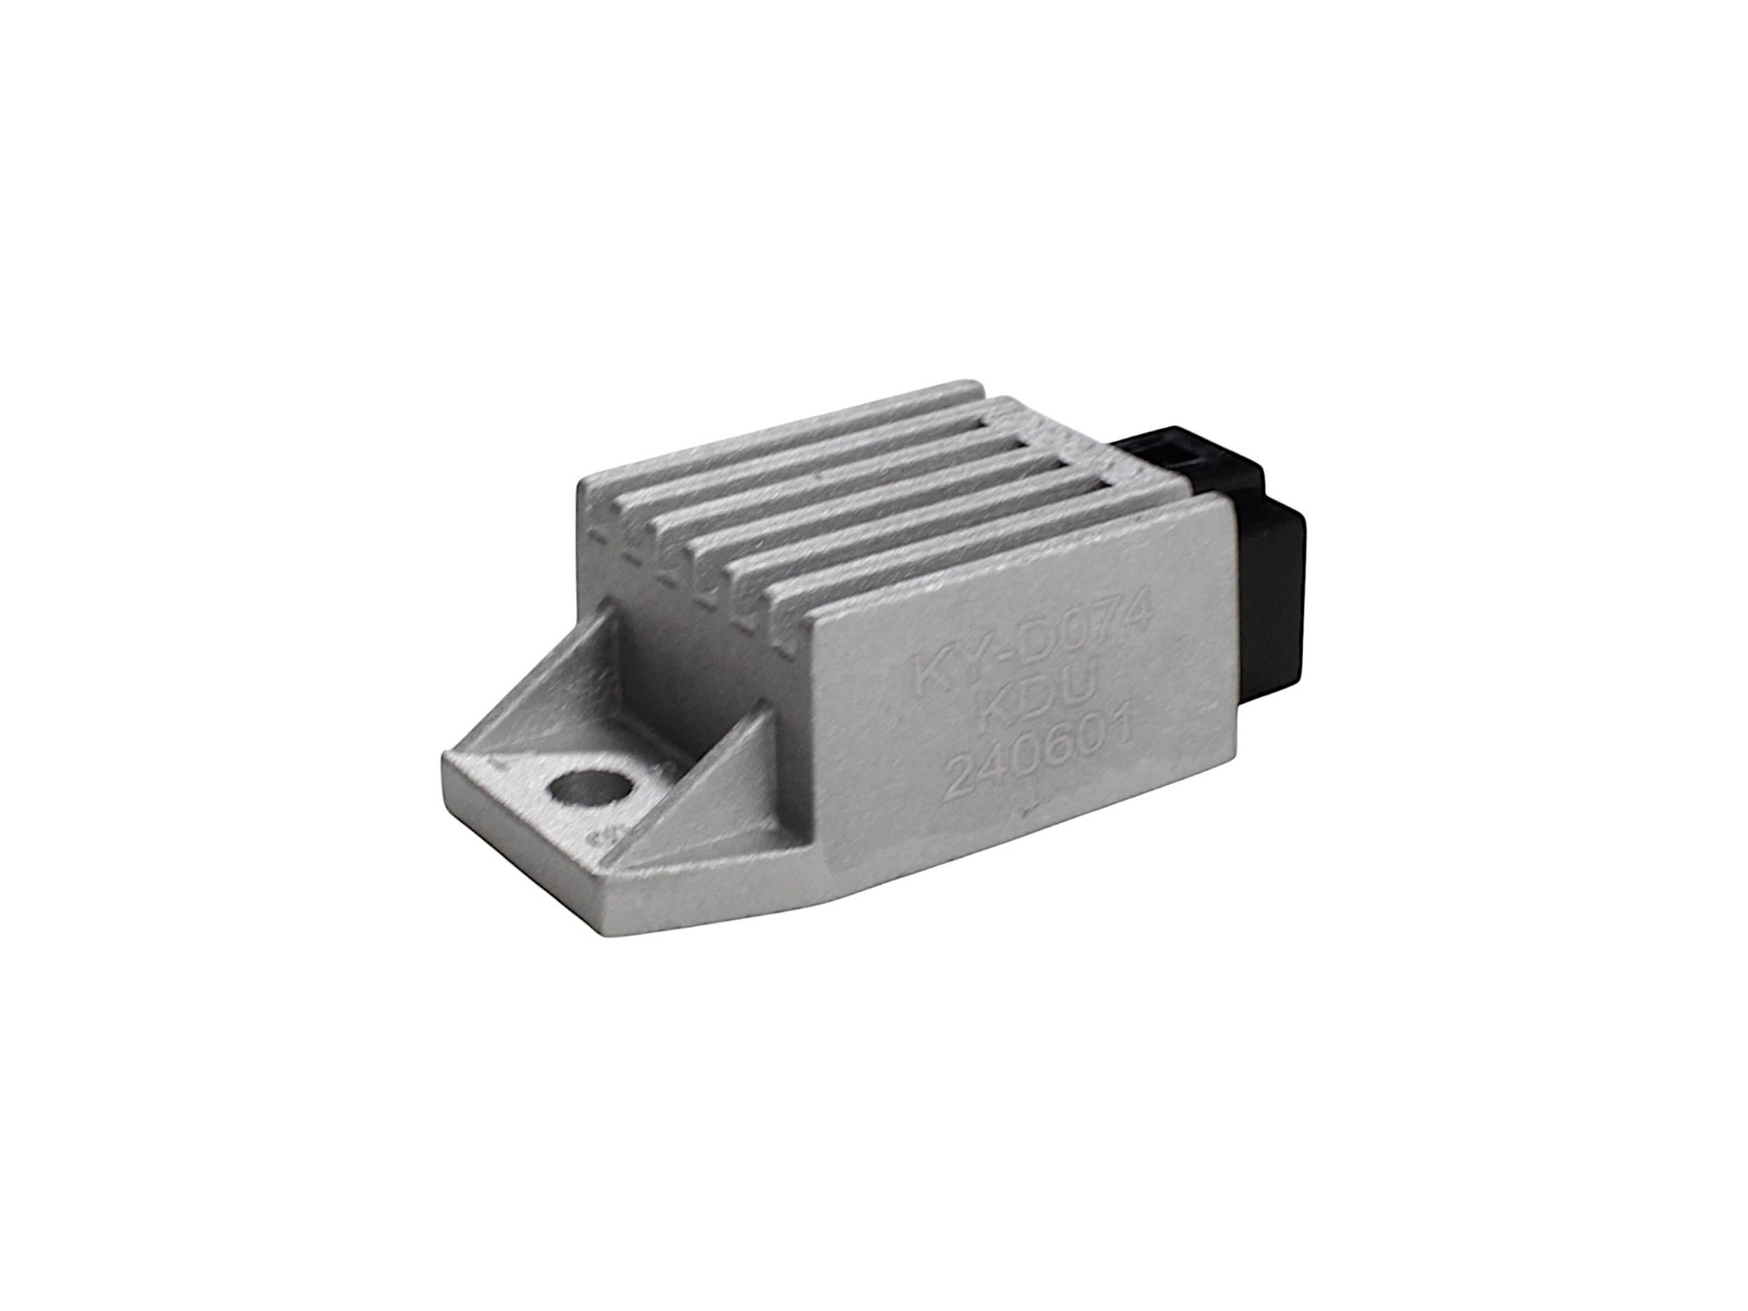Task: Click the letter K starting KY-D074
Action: click(x=926, y=660)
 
